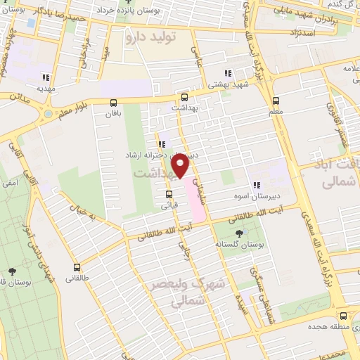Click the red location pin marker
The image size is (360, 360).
click(x=181, y=165)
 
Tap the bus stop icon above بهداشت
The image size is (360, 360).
click(x=184, y=98)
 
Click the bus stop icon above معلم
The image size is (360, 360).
click(x=275, y=100)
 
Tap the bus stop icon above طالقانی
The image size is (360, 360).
click(x=77, y=267)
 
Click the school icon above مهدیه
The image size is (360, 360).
click(x=46, y=77)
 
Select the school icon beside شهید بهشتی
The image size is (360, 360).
click(x=226, y=73)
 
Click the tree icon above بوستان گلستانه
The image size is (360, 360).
click(x=240, y=233)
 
